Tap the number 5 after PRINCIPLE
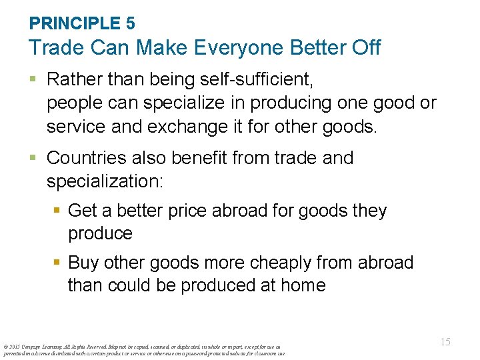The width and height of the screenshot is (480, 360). click(130, 23)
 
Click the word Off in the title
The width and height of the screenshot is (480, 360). click(366, 48)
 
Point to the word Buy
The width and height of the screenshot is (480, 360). click(85, 263)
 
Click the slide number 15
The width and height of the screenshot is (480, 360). click(445, 342)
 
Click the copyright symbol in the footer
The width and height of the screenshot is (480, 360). click(5, 346)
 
